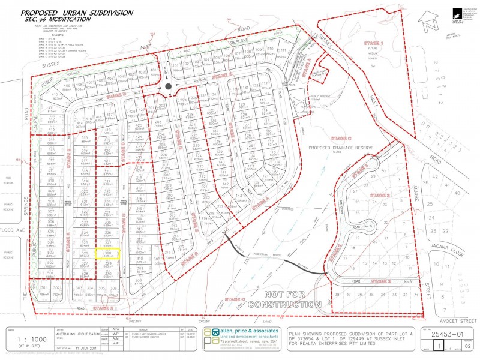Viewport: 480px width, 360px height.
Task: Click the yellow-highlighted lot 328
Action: click(108, 254)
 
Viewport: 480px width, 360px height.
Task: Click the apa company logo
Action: click(212, 339)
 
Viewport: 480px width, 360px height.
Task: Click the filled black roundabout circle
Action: click(169, 86)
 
